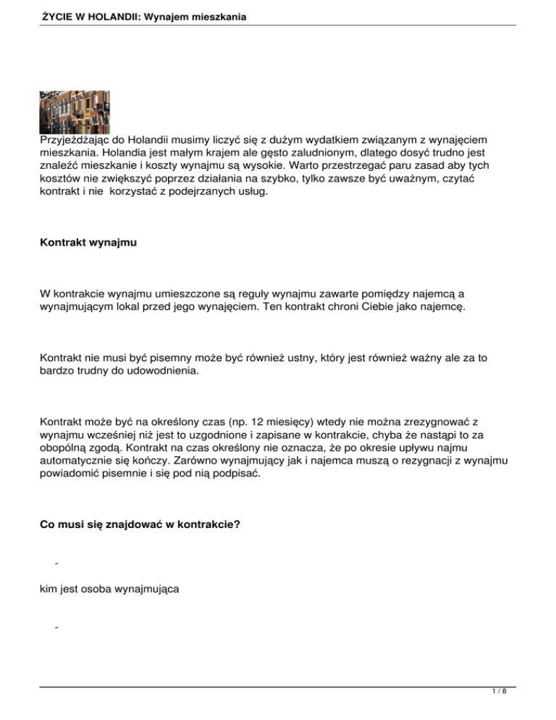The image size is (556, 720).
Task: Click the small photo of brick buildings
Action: [75, 112]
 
